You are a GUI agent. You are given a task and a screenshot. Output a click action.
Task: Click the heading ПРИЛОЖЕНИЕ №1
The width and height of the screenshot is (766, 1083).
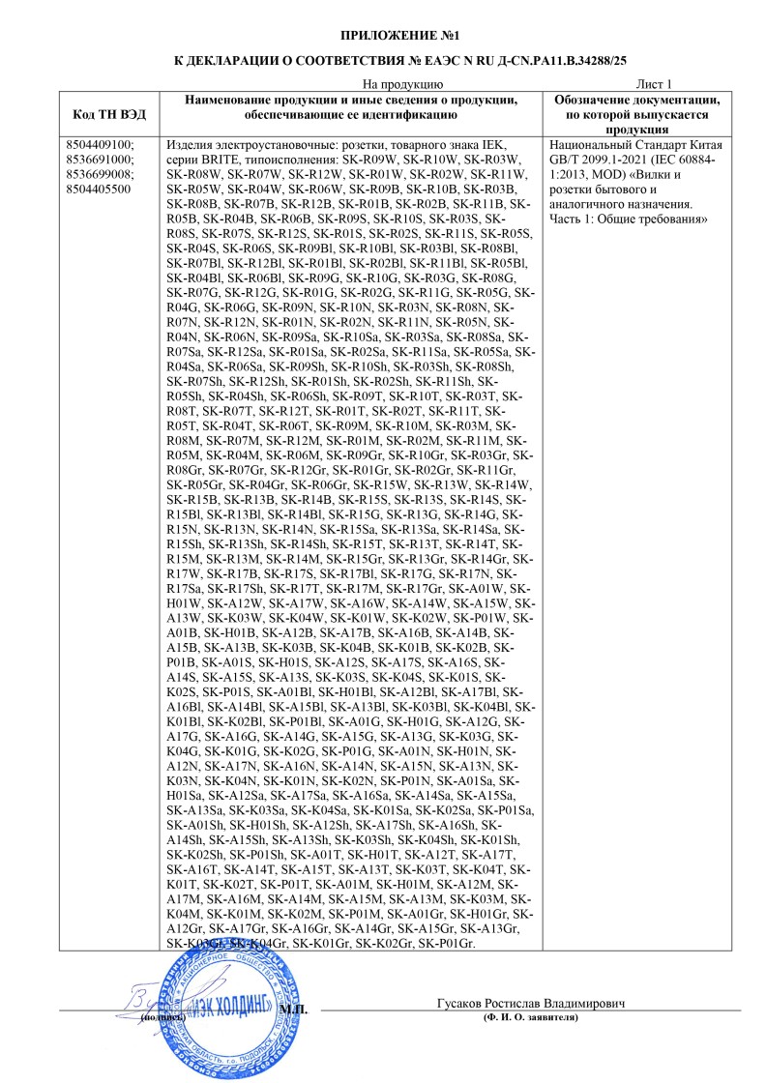coord(382,36)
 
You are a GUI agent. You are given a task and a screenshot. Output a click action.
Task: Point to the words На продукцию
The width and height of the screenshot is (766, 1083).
coord(401,84)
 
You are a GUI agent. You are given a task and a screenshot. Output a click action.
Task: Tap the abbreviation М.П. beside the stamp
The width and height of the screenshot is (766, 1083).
coord(292,1010)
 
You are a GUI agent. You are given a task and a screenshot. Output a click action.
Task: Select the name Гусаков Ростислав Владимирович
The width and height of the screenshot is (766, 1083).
coord(530,1004)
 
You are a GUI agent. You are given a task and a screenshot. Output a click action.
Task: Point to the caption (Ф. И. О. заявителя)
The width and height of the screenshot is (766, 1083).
coord(530,1018)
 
